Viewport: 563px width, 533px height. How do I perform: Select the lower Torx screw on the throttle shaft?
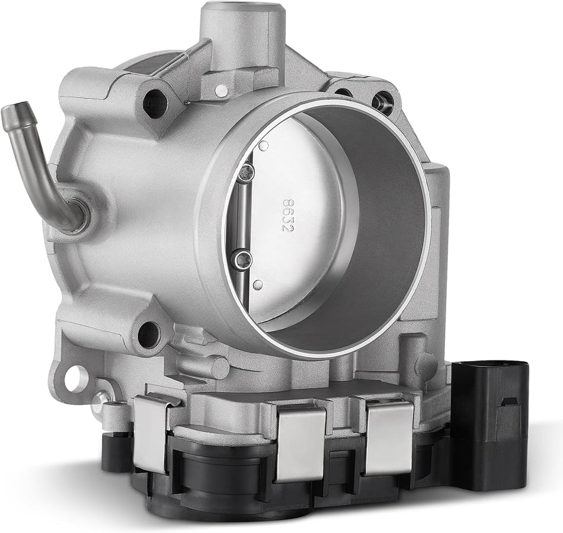[244, 258]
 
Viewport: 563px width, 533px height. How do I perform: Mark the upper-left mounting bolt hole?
[155, 104]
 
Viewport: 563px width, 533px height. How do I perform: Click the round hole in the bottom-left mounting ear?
[74, 378]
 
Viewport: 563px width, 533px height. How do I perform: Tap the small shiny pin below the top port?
[221, 90]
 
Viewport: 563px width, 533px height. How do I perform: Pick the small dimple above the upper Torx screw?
[264, 145]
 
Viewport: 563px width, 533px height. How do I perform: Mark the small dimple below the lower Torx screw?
[257, 285]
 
